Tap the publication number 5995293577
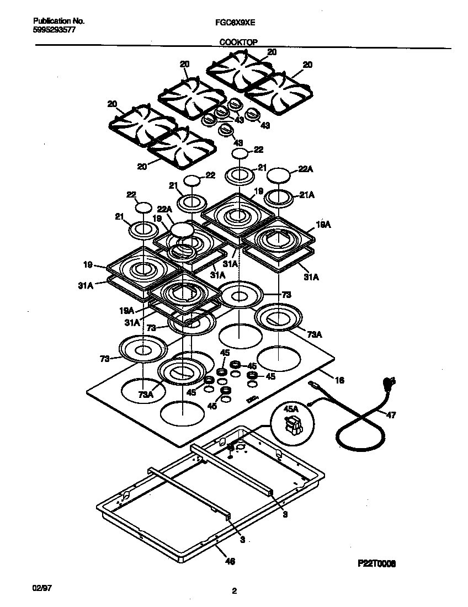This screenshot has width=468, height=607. point(51,30)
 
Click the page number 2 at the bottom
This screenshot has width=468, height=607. point(234,591)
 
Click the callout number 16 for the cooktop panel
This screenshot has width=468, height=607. point(339,380)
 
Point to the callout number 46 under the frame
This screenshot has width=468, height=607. point(231,561)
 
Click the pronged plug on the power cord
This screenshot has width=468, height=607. point(390,381)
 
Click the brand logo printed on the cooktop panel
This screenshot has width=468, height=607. point(253,399)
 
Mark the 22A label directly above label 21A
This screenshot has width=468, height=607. point(305,171)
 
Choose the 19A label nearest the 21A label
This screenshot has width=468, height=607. point(323,225)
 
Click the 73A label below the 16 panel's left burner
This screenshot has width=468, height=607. point(146,394)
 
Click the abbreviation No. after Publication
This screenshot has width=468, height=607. point(78,21)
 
